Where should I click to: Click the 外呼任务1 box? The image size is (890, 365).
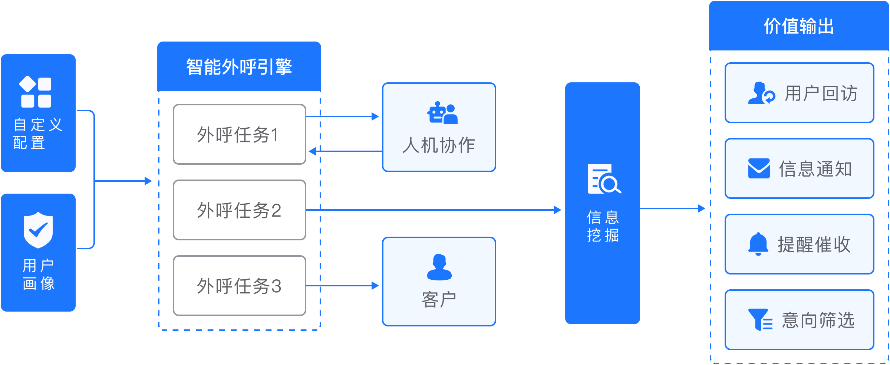239,134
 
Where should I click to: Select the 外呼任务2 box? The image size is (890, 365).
239,210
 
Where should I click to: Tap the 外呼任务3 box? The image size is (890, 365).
239,286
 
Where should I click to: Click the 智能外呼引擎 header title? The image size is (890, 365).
239,67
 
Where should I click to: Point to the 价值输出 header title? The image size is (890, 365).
799,26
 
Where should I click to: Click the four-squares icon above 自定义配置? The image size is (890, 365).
36,92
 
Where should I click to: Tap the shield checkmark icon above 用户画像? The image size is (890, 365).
38,230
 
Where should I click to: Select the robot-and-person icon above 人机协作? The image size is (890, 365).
442,113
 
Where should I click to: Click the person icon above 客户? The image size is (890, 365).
439,267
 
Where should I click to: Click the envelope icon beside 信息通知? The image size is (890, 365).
759,168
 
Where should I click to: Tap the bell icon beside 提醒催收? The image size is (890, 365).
758,244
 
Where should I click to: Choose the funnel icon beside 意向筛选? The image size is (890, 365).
760,319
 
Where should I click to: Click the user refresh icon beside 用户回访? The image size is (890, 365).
761,93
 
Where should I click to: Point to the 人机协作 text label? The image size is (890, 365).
439,145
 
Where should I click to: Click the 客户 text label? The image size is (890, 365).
439,299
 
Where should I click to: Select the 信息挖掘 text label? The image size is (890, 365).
603,226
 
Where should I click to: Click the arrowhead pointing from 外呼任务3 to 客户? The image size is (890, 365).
375,286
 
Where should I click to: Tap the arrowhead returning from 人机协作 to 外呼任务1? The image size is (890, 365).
312,151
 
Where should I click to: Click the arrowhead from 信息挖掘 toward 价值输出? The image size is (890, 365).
701,208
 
